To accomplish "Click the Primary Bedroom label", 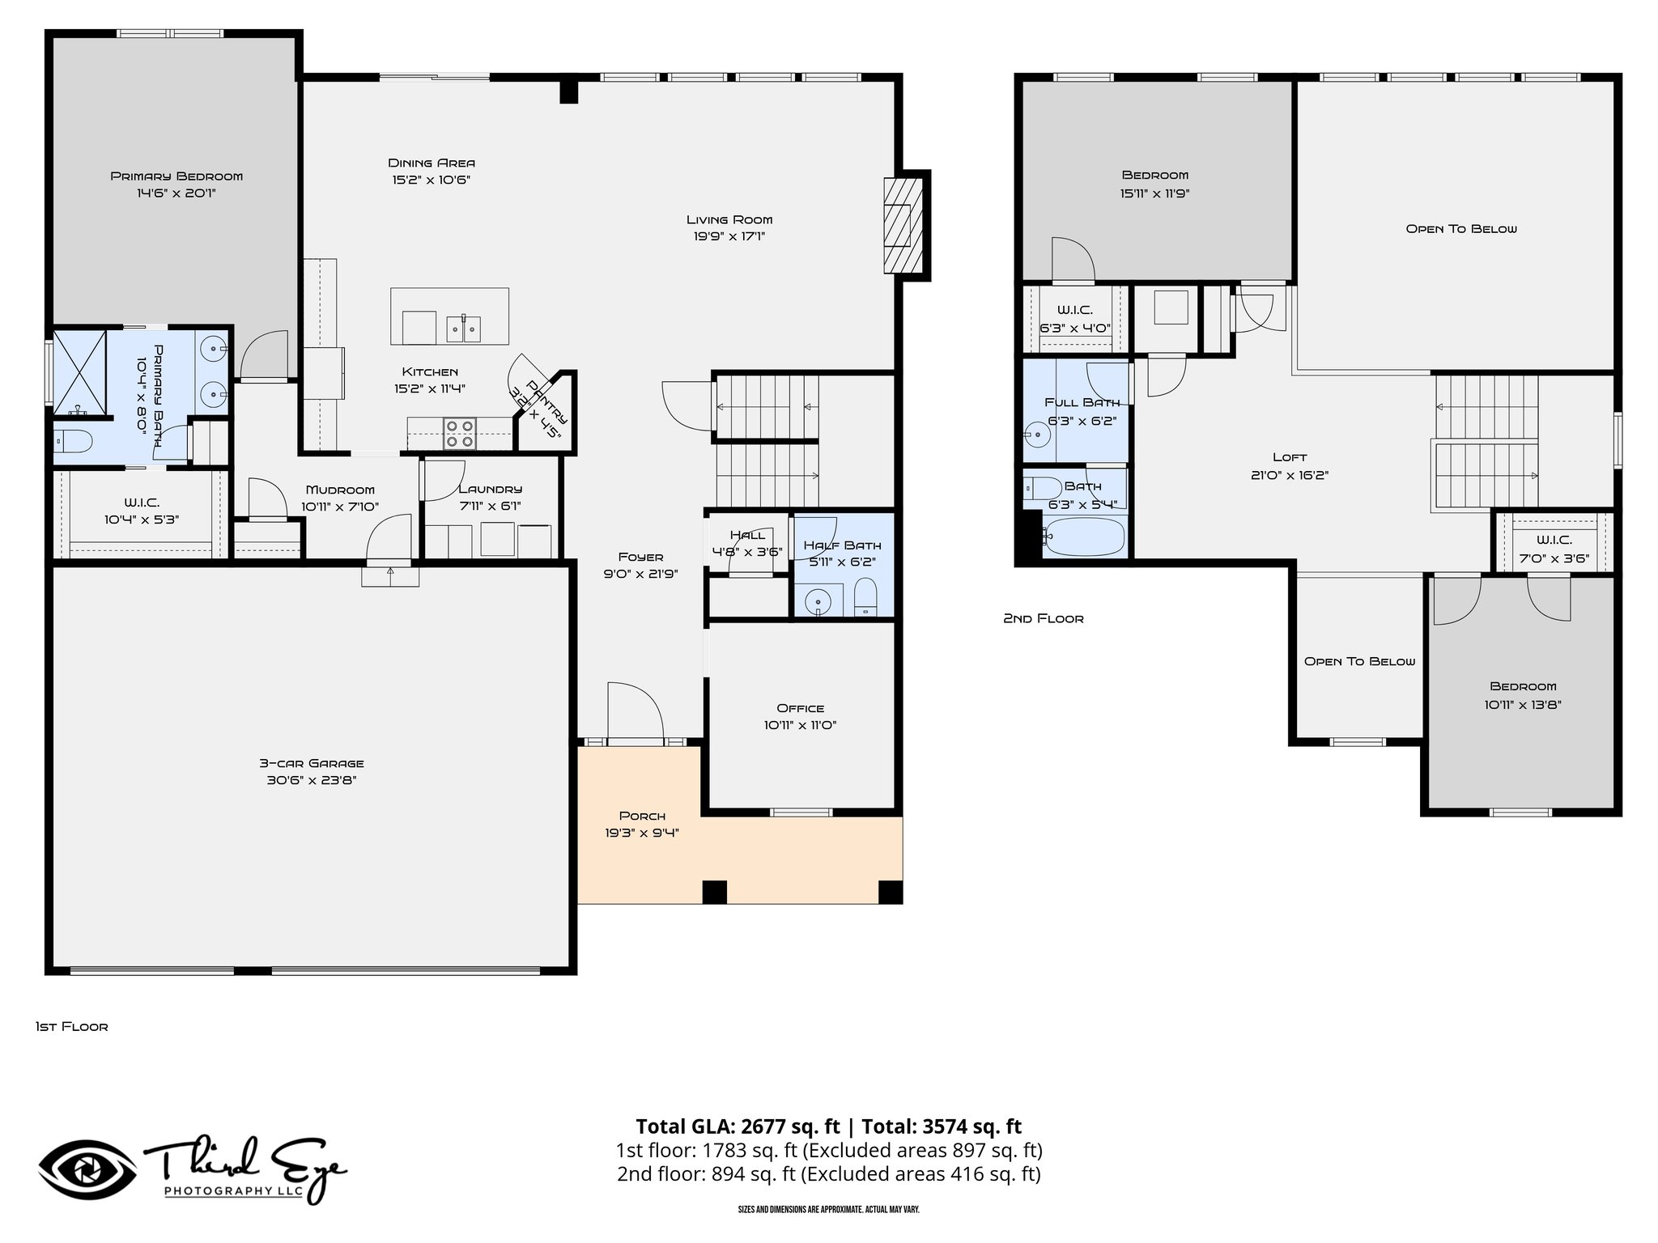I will tap(176, 176).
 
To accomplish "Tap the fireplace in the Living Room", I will tap(902, 224).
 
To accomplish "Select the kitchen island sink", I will tap(463, 328).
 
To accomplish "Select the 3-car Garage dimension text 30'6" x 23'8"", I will tap(312, 780).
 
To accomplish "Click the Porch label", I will tap(642, 815).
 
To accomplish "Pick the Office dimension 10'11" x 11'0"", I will tap(800, 725).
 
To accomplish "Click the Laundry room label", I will tap(490, 489).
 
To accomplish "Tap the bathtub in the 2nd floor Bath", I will tap(1083, 536).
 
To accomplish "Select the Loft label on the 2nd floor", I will tap(1290, 457).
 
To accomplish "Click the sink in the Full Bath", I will tap(1036, 435).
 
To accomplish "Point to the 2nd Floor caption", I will tap(1043, 618).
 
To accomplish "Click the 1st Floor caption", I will tap(71, 1026).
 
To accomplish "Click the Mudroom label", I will tap(340, 490).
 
